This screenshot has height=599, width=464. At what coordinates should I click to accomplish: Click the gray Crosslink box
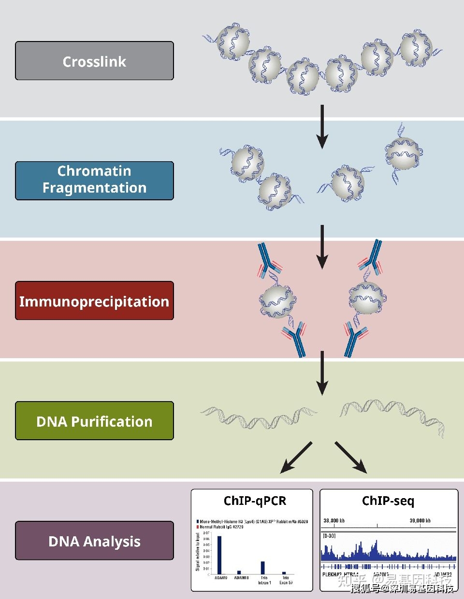click(94, 61)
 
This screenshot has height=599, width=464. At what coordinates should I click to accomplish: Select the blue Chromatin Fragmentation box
click(94, 181)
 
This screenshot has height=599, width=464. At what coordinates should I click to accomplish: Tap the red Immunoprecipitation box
click(94, 301)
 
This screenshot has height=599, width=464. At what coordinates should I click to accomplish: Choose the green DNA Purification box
click(94, 421)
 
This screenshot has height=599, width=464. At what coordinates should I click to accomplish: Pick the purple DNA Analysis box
click(94, 541)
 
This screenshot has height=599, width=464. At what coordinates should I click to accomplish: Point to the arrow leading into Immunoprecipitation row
click(322, 246)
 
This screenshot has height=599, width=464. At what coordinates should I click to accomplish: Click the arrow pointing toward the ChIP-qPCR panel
click(296, 457)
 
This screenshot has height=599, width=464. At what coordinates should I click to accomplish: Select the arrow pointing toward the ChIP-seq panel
click(350, 457)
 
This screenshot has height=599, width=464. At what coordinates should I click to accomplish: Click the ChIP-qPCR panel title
click(255, 501)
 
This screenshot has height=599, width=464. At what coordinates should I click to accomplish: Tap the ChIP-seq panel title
click(388, 501)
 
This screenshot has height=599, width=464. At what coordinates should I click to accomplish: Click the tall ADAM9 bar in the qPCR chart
click(219, 555)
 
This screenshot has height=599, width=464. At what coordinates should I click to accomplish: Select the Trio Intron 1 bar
click(263, 568)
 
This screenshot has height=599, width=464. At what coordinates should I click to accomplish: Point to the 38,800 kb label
click(334, 521)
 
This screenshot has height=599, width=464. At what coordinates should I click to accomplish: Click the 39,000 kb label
click(420, 521)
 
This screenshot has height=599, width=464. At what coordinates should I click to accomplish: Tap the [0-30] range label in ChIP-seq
click(329, 536)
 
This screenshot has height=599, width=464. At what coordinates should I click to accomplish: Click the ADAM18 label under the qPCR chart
click(241, 578)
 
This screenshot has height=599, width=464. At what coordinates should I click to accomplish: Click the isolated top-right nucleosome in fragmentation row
click(403, 153)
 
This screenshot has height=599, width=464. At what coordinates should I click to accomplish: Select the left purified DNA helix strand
click(259, 418)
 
